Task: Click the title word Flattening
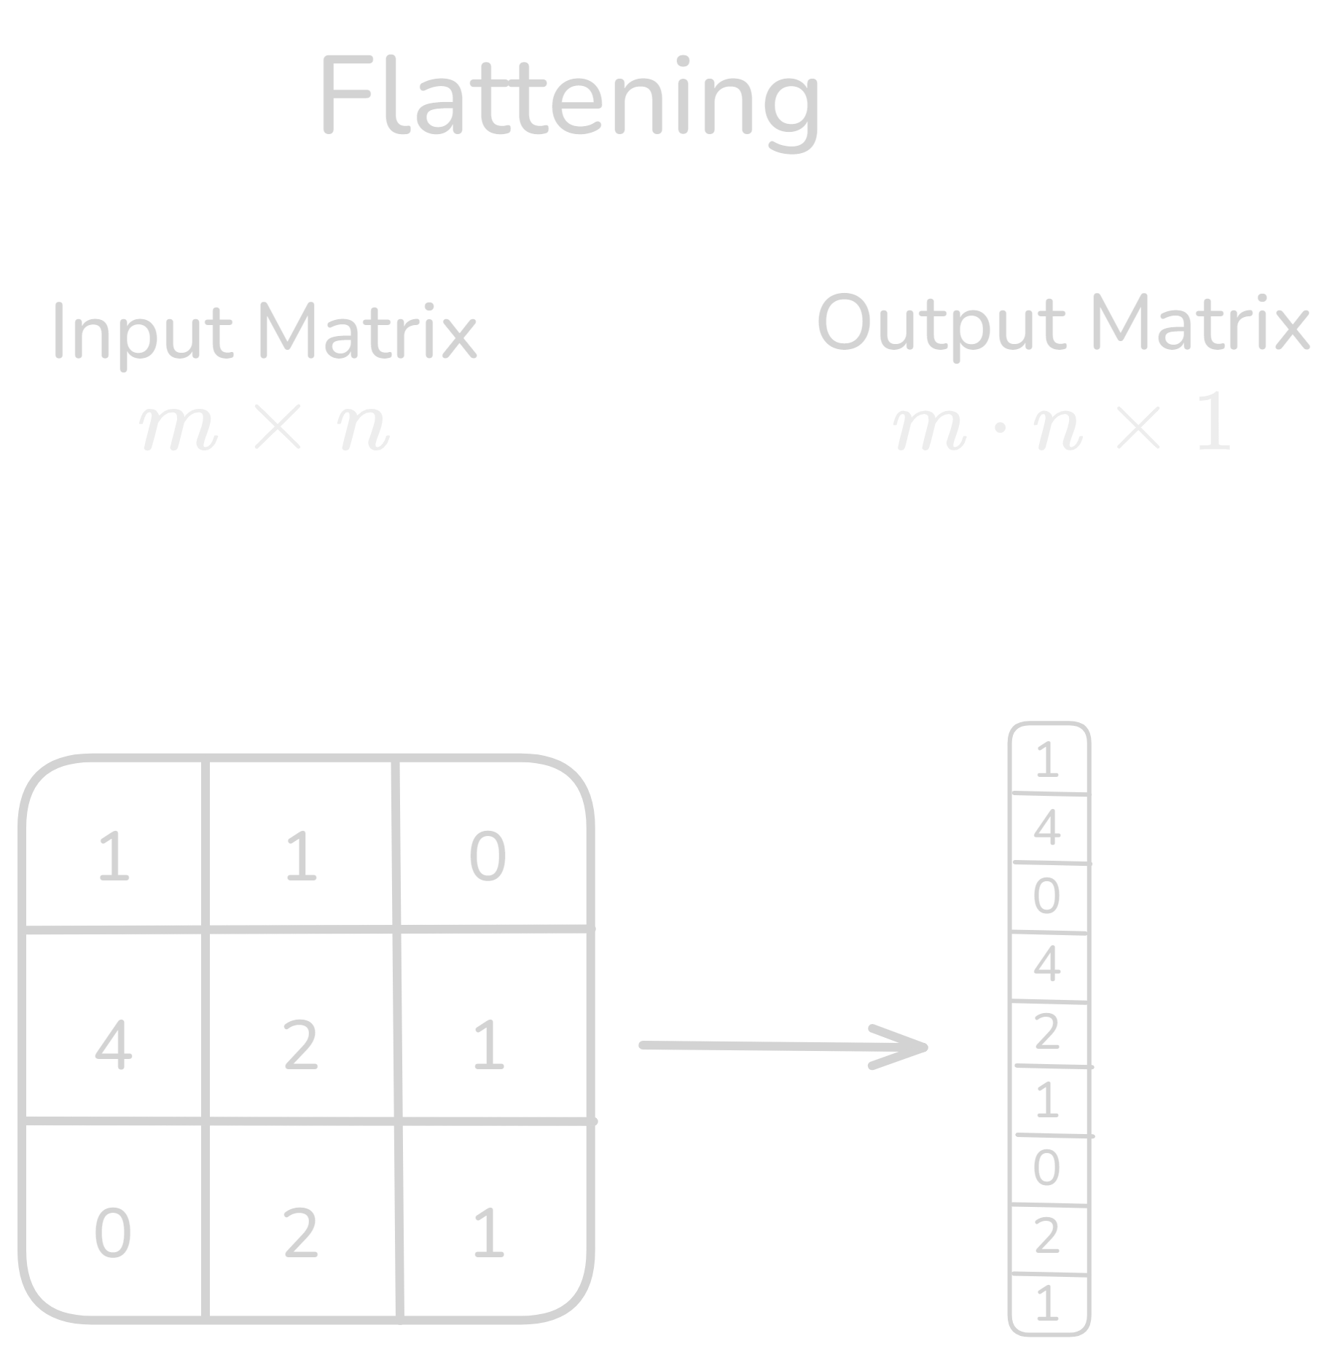[x=570, y=98]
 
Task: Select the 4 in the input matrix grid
[x=114, y=1046]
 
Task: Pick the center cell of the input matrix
[x=301, y=1046]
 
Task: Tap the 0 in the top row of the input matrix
[x=488, y=857]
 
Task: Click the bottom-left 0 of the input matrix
[x=113, y=1234]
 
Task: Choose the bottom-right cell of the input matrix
[x=488, y=1234]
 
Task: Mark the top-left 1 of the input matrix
[x=114, y=857]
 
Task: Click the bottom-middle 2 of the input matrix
[x=301, y=1234]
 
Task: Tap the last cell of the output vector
[x=1048, y=1304]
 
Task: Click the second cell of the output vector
[x=1048, y=829]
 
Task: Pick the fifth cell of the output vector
[x=1048, y=1033]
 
